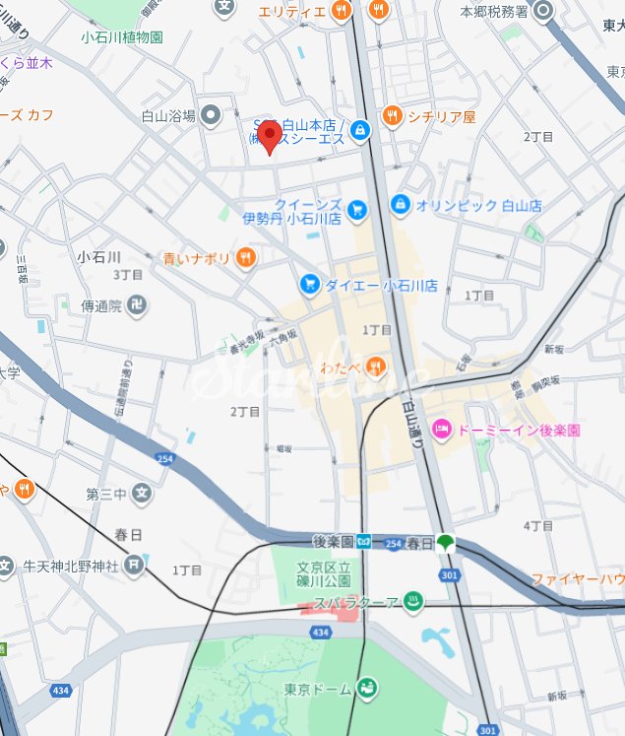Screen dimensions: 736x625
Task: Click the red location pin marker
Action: [269, 136]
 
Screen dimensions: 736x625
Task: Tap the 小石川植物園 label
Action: [122, 36]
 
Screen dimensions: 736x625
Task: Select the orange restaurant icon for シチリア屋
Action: [392, 116]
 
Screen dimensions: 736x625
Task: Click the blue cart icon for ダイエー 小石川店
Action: [310, 285]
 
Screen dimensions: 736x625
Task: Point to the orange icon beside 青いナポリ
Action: [245, 258]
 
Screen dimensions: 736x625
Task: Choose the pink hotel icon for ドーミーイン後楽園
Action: [443, 430]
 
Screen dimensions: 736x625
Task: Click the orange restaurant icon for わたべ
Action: [375, 368]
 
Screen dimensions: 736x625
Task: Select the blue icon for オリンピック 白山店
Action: [400, 205]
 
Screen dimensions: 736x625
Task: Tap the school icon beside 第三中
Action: [142, 493]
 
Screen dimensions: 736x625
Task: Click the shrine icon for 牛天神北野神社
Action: [135, 566]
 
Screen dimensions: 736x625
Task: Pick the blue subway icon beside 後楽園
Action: [364, 541]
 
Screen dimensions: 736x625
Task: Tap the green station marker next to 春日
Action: [447, 542]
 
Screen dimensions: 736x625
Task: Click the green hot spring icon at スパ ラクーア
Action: [413, 601]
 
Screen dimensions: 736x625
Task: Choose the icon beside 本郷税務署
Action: [544, 11]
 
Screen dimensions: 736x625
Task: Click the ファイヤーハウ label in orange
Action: [578, 578]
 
